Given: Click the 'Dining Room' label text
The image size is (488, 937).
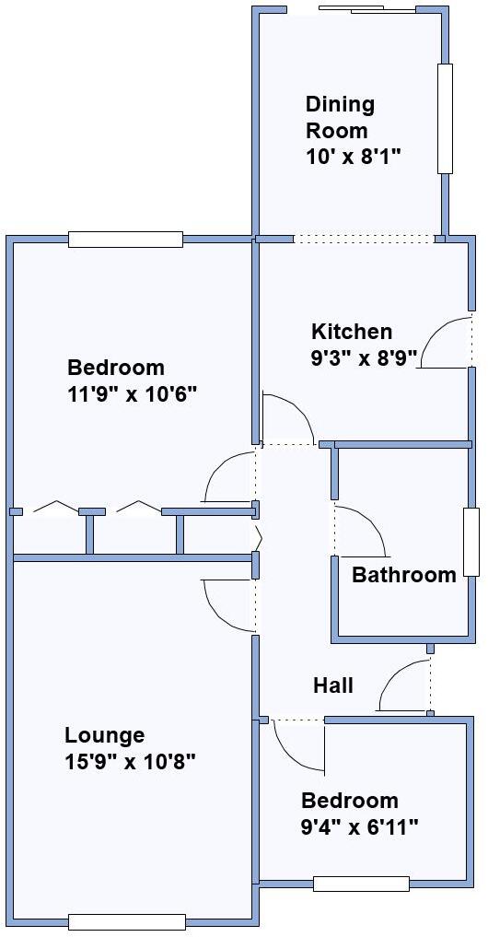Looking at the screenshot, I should click(340, 117).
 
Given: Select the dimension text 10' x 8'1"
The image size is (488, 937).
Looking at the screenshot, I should click(356, 157).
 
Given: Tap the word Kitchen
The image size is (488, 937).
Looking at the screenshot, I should click(352, 332).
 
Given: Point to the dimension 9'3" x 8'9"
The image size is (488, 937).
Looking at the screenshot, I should click(365, 356).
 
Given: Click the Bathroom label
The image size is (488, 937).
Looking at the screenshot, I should click(404, 576).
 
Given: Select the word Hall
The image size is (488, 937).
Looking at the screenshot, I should click(333, 685).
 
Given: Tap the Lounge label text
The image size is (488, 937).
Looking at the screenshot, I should click(104, 735).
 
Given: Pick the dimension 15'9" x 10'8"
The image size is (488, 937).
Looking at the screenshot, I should click(130, 762).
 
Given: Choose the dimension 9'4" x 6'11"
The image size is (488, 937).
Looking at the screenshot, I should click(360, 827).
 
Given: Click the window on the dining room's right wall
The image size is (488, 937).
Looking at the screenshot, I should click(445, 119).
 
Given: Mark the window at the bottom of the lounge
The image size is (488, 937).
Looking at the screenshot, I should click(127, 921).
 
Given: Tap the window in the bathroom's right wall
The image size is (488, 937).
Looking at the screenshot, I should click(471, 543).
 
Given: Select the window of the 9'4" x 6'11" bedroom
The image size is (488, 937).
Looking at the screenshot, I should click(361, 884).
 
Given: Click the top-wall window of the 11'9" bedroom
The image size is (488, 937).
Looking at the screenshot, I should click(125, 240).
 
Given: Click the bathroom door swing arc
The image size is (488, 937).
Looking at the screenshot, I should click(365, 530).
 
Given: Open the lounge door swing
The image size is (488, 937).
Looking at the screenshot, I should click(226, 604).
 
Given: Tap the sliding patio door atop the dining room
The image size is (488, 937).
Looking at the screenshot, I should click(366, 10).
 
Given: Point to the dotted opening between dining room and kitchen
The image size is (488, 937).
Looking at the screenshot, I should click(363, 240).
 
